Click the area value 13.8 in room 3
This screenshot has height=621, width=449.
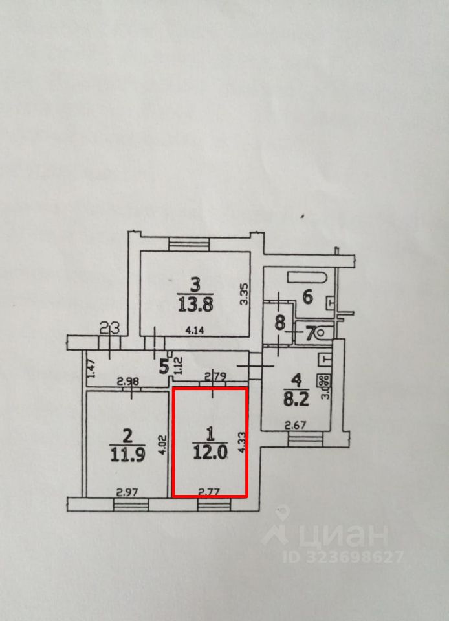[x=195, y=303]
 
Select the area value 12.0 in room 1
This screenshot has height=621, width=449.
[x=210, y=453]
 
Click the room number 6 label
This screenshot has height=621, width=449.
[x=308, y=297]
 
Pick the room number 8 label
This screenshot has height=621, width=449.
[x=279, y=323]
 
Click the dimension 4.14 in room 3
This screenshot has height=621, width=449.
[x=193, y=329]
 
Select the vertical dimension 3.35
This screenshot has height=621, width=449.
[x=244, y=294]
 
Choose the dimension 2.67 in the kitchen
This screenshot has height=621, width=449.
[x=296, y=424]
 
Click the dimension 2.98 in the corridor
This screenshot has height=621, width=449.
[x=127, y=382]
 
